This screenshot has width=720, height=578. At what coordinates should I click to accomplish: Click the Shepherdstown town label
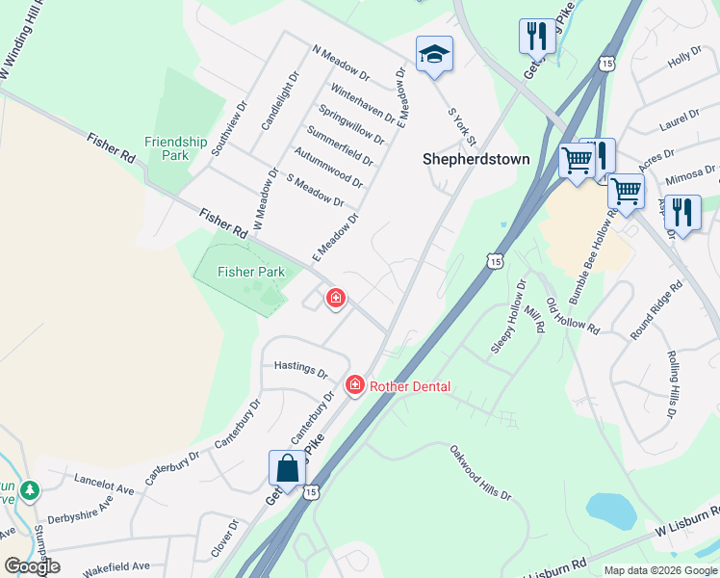(476, 159)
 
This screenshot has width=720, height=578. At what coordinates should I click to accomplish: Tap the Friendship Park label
(175, 147)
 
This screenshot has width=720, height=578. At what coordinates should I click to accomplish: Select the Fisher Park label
(251, 272)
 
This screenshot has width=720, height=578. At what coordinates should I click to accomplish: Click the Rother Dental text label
(410, 386)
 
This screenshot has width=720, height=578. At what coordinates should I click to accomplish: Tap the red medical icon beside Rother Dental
(355, 385)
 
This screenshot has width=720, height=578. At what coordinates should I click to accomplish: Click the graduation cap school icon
(434, 55)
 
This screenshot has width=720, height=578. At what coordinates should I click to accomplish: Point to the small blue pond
(610, 511)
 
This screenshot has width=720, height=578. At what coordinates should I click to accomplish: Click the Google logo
(32, 565)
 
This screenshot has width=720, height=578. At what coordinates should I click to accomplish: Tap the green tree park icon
(30, 491)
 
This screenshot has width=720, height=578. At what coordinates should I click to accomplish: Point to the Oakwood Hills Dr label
(479, 471)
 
